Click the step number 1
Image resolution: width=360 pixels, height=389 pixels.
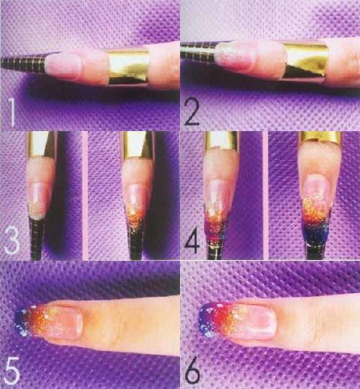click(11, 112)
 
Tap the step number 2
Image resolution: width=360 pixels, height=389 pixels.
click(192, 111)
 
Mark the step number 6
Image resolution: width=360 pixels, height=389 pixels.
click(192, 370)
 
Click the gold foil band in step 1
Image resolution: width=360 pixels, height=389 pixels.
click(128, 67)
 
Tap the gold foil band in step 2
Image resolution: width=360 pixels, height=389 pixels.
click(307, 61)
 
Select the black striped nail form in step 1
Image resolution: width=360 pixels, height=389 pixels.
click(24, 63)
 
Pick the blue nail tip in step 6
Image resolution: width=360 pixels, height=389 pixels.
click(207, 320)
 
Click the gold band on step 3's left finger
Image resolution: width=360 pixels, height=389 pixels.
click(42, 144)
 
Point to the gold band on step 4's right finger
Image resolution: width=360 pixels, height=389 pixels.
click(320, 138)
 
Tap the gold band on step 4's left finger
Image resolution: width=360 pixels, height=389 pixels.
click(221, 140)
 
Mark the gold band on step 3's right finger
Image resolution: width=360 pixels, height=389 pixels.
click(137, 145)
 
